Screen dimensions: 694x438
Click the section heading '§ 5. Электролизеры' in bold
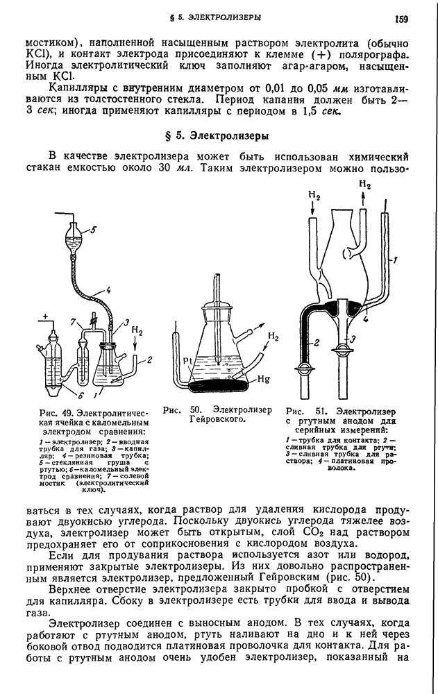click(219, 136)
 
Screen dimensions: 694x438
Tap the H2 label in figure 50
click(273, 337)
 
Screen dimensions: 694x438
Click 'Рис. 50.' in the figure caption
click(176, 410)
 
